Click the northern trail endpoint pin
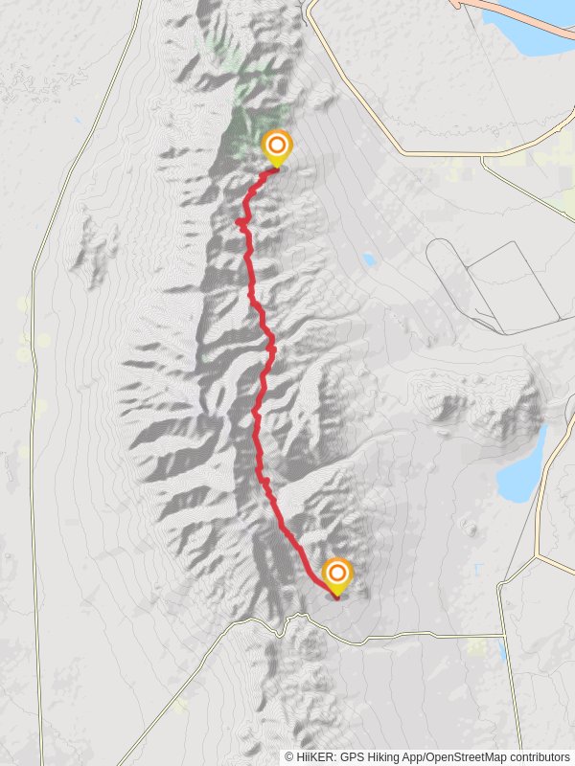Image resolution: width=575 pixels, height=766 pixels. [277, 146]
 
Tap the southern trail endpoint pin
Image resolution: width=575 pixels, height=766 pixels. [336, 574]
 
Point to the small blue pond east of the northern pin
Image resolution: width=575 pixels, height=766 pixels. [369, 259]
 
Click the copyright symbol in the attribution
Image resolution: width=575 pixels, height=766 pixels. [289, 756]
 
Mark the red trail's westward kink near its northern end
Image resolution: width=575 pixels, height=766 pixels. [239, 222]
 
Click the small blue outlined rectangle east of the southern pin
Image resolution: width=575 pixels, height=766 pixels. [477, 570]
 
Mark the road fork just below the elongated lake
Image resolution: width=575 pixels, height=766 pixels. [539, 555]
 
